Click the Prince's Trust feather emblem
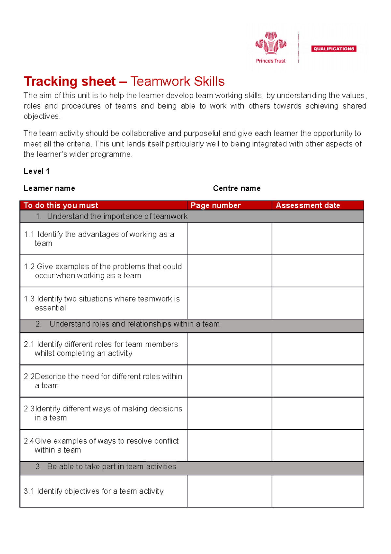(x=270, y=43)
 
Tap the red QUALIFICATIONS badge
(x=334, y=49)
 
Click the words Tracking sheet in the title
(x=70, y=82)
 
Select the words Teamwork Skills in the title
(x=178, y=82)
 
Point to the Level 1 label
(x=36, y=171)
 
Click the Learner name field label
(x=49, y=188)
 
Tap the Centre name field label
(x=237, y=188)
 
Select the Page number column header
(x=216, y=205)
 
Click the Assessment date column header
(x=308, y=205)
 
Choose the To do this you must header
(x=61, y=205)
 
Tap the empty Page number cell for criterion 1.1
(x=229, y=239)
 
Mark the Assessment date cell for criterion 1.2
(x=318, y=271)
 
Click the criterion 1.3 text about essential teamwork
(x=102, y=303)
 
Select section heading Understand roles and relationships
(x=134, y=324)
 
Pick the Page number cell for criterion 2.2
(x=229, y=381)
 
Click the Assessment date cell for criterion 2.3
(x=318, y=413)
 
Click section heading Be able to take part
(x=111, y=467)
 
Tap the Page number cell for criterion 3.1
(x=229, y=491)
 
